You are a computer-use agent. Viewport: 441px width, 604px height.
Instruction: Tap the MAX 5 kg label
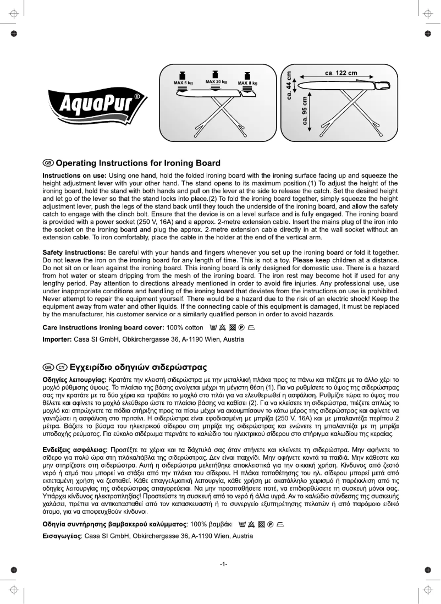(x=183, y=83)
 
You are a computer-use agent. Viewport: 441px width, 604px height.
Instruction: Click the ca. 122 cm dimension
(x=341, y=73)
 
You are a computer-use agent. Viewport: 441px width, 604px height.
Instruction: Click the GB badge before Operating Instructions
(x=48, y=163)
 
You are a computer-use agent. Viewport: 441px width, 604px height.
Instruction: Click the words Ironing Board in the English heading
(x=191, y=163)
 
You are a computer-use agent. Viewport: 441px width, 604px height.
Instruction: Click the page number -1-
(x=223, y=564)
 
